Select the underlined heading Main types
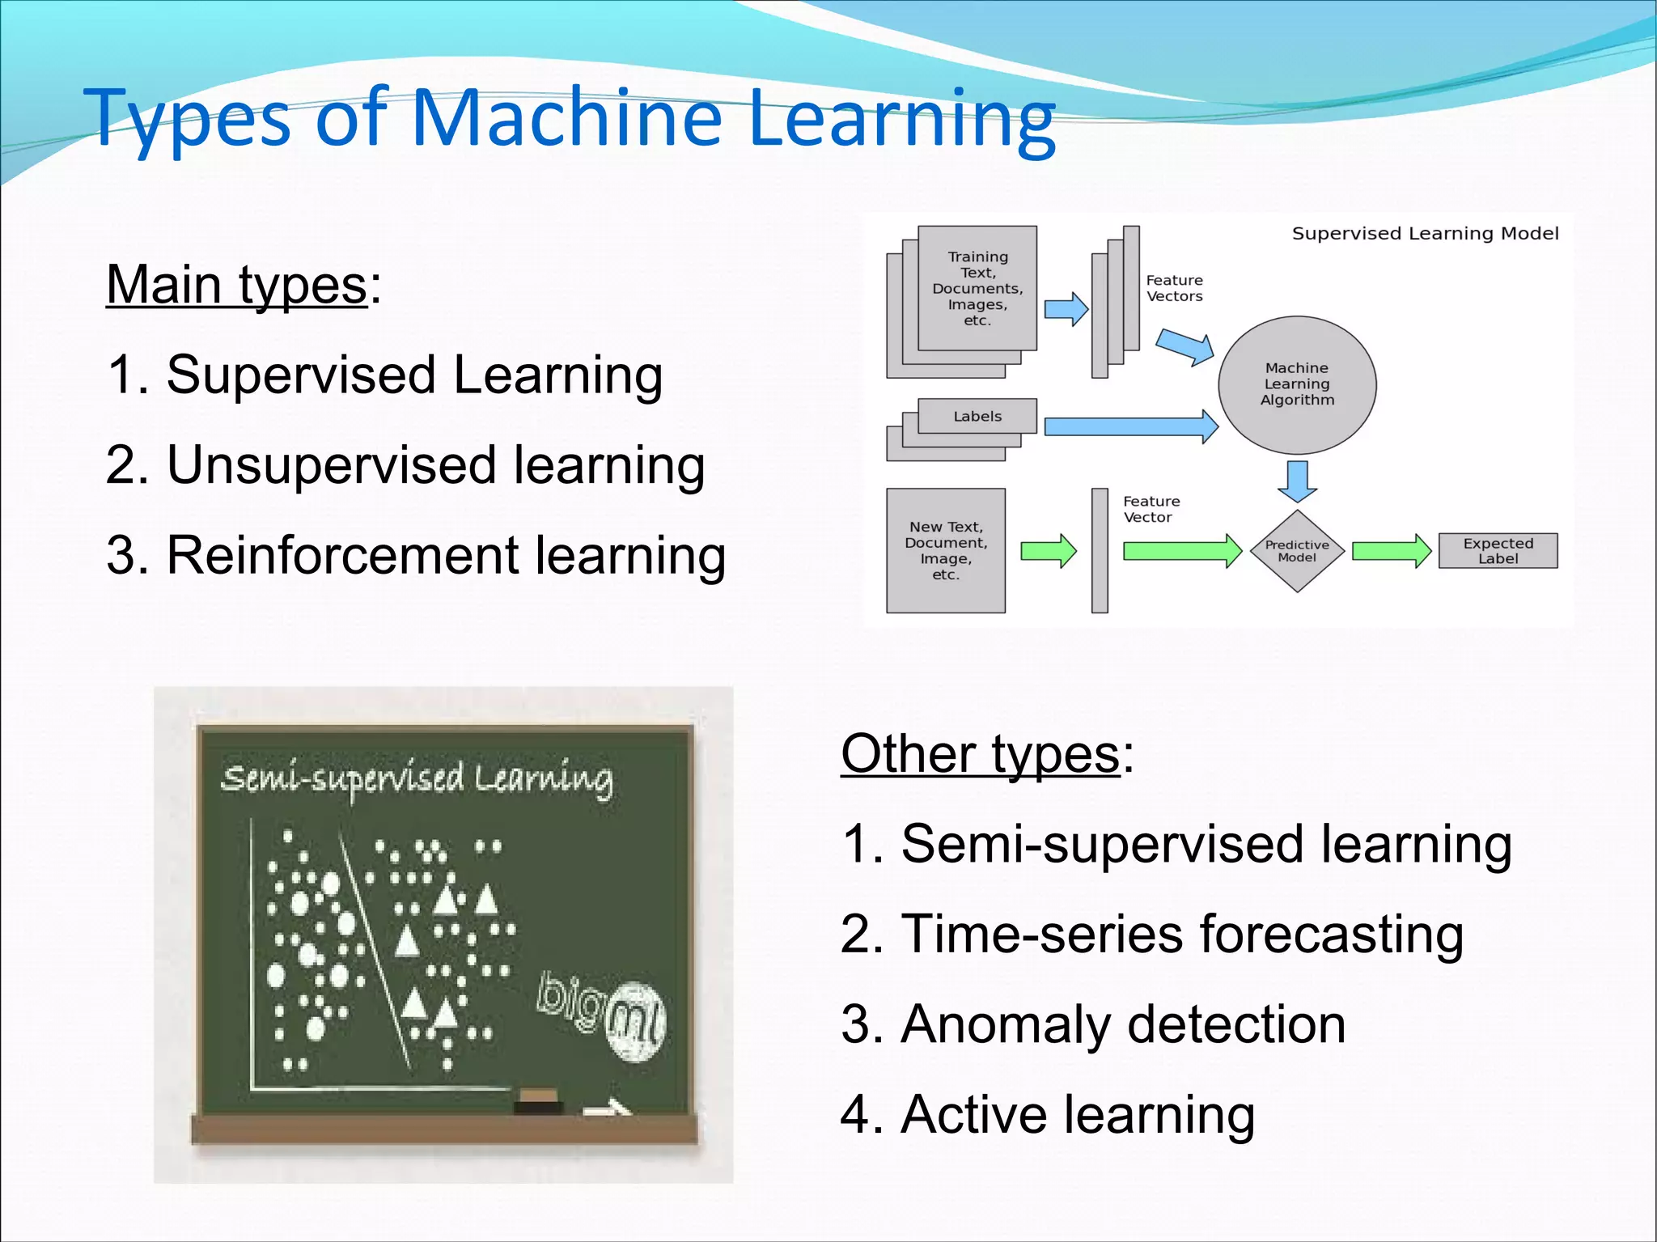click(x=236, y=285)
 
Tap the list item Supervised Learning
click(x=384, y=375)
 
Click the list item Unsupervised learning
click(x=405, y=465)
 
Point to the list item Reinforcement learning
click(x=415, y=556)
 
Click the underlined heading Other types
click(x=981, y=753)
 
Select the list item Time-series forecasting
click(x=1151, y=934)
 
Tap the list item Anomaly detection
click(x=1093, y=1024)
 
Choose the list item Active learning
click(x=1048, y=1114)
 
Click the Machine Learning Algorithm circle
click(x=1297, y=384)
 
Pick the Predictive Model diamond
click(x=1297, y=551)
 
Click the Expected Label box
click(x=1498, y=551)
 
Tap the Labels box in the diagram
click(x=977, y=416)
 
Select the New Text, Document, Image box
click(x=945, y=550)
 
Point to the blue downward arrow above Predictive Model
click(x=1297, y=481)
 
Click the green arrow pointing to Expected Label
click(x=1391, y=551)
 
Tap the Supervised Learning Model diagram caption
click(x=1424, y=234)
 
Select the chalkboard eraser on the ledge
click(x=538, y=1101)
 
